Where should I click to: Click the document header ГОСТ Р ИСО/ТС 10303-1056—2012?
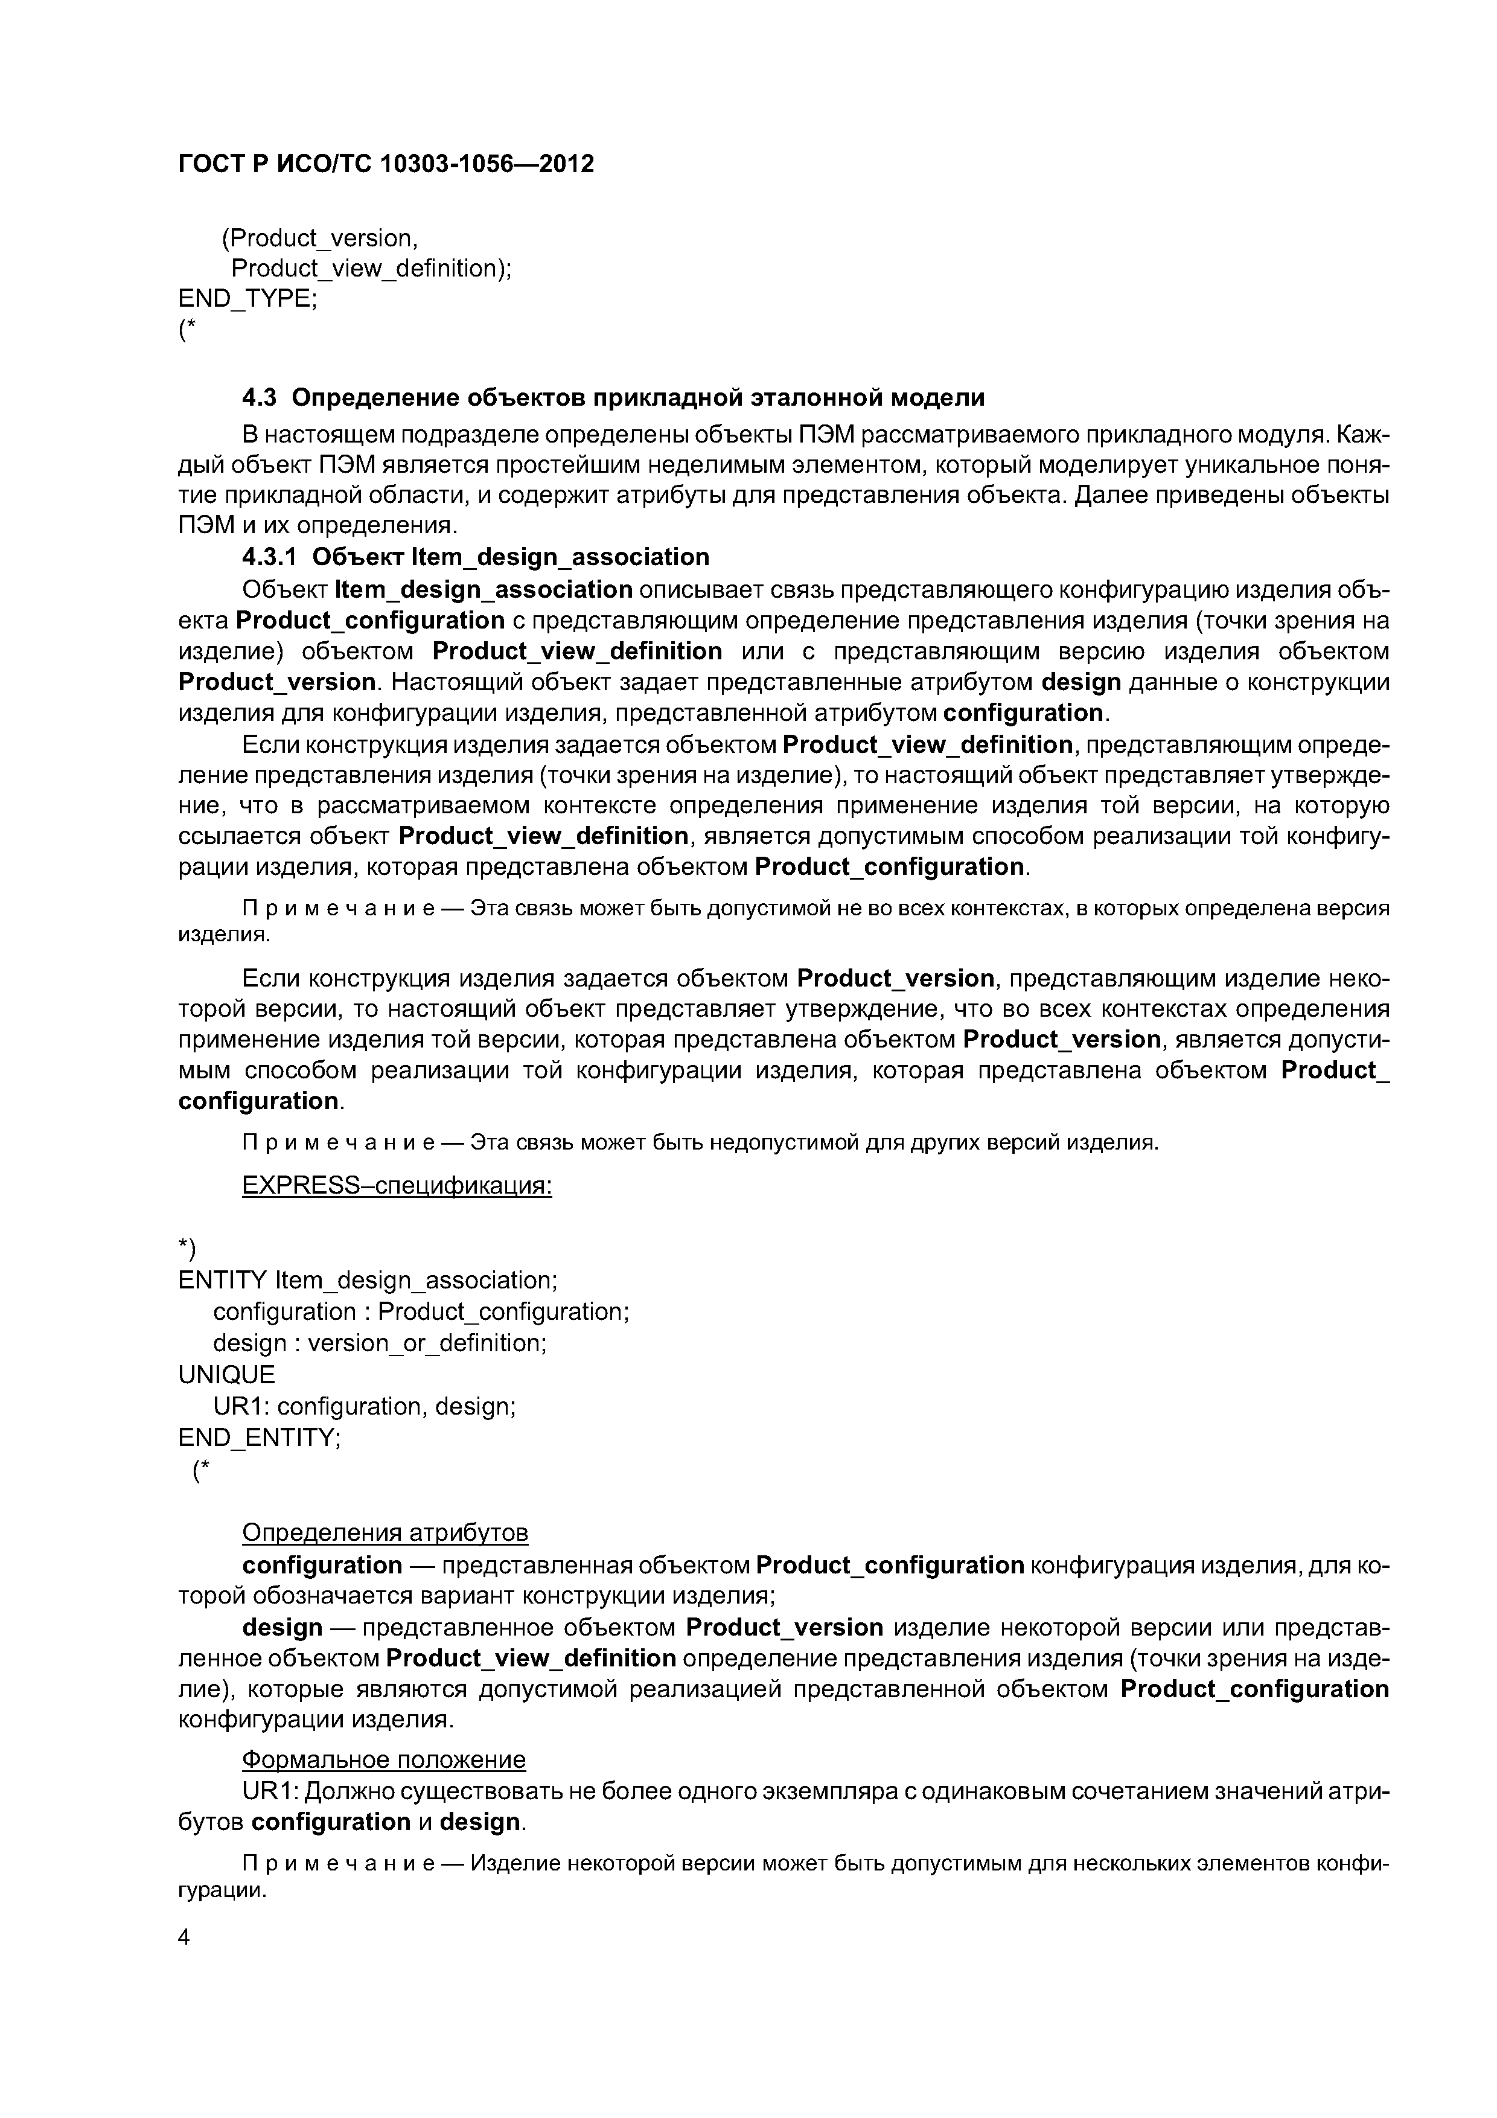point(386,164)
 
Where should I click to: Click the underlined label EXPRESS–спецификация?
point(397,1185)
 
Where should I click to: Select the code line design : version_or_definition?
point(379,1343)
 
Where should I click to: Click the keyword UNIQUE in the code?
point(226,1375)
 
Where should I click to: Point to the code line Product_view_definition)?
point(371,269)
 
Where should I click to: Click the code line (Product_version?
point(319,238)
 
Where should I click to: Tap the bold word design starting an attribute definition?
point(282,1627)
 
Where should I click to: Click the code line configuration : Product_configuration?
point(421,1312)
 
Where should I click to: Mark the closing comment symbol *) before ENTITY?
point(187,1248)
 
